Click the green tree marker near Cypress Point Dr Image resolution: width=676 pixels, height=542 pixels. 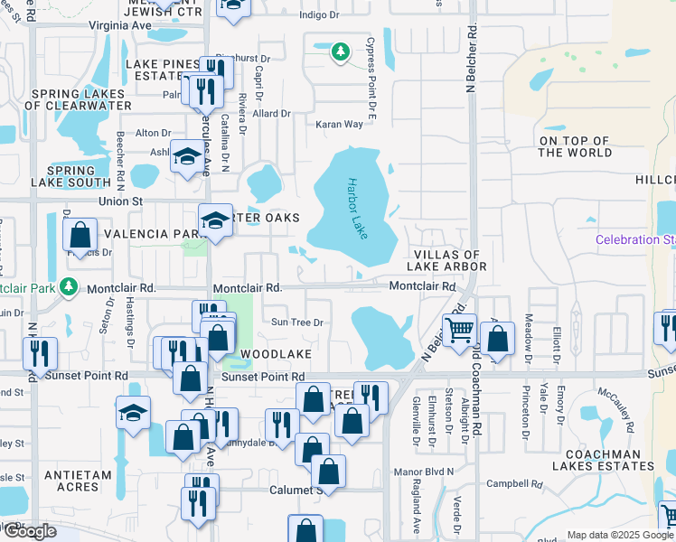pyautogui.click(x=340, y=53)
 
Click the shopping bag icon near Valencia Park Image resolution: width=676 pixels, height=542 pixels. pyautogui.click(x=80, y=235)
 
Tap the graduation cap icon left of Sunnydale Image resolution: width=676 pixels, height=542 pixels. pyautogui.click(x=133, y=414)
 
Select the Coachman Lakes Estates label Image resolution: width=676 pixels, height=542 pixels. pyautogui.click(x=608, y=460)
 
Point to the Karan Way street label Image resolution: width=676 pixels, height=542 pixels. pyautogui.click(x=339, y=125)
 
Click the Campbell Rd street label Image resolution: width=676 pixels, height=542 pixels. pyautogui.click(x=513, y=484)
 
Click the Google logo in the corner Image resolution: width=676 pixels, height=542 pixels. pyautogui.click(x=29, y=531)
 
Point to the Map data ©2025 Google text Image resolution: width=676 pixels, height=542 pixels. pyautogui.click(x=619, y=535)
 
